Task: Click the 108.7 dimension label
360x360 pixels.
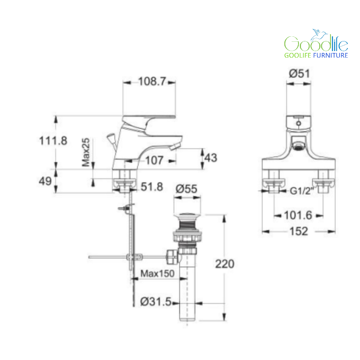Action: tap(152, 81)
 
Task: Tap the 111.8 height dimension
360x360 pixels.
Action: tap(53, 141)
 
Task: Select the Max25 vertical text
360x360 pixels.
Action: tap(86, 152)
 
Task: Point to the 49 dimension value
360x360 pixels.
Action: tap(45, 181)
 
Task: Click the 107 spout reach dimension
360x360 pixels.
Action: tap(154, 160)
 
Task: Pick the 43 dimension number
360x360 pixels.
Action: tap(211, 158)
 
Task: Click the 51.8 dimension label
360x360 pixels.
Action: tap(152, 186)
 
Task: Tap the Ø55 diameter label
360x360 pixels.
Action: tap(186, 189)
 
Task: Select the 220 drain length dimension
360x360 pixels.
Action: tap(225, 264)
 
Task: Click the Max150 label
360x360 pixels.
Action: tap(158, 274)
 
